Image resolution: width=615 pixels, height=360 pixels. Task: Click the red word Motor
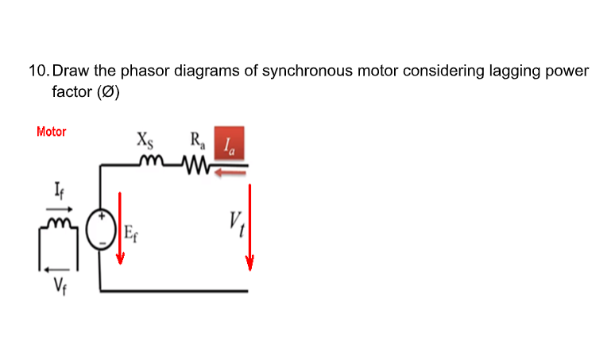click(52, 131)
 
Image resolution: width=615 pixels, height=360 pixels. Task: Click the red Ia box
click(229, 142)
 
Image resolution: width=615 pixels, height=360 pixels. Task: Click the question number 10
click(37, 71)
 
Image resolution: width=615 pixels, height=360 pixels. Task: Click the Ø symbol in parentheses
click(107, 91)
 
